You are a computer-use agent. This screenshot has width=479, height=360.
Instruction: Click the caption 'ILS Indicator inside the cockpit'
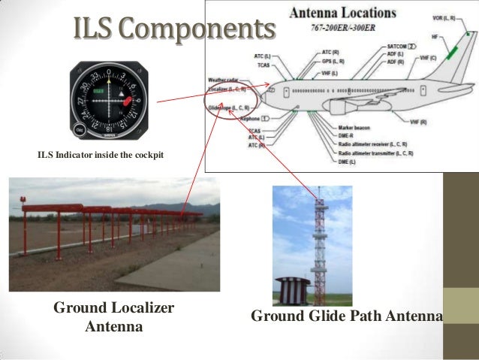100,156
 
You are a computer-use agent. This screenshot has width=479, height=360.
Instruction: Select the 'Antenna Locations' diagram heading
342,13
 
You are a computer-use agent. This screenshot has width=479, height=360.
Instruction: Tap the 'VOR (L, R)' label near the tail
447,17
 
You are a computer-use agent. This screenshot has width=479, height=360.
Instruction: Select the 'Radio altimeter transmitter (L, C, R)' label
375,153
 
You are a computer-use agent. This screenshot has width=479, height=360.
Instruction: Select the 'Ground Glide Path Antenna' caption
346,316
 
